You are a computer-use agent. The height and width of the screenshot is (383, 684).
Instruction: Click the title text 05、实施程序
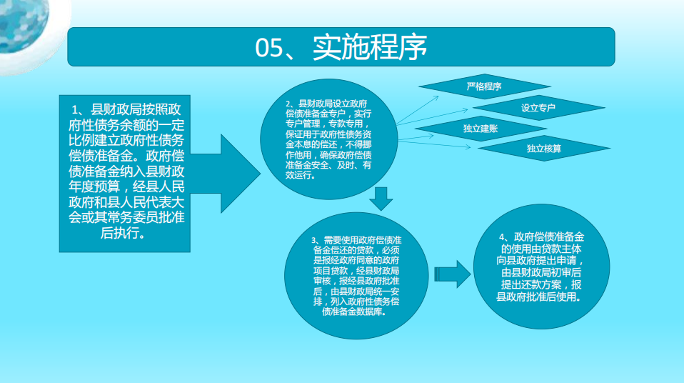(x=341, y=47)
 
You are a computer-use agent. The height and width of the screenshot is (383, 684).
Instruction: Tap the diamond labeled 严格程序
(x=483, y=86)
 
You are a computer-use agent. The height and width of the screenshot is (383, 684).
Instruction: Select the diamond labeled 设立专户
(x=538, y=108)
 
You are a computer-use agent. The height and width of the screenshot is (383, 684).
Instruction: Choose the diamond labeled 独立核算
(x=543, y=149)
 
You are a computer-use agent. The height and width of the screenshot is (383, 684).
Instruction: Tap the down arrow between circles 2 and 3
(x=382, y=199)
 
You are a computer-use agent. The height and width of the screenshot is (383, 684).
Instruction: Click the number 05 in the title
(x=270, y=48)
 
